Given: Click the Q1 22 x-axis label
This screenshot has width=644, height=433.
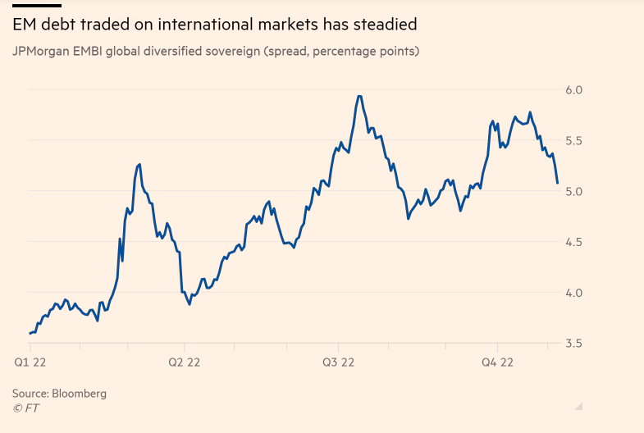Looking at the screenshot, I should (x=30, y=362).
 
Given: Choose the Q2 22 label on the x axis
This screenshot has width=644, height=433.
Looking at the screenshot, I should (x=185, y=362).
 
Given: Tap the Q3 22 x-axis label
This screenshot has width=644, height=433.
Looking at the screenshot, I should (x=339, y=362).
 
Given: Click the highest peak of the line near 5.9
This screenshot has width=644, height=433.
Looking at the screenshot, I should (x=359, y=96).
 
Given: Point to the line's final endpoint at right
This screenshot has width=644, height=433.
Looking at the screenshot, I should (x=557, y=183).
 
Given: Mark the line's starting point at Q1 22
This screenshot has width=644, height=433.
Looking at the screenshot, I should (x=30, y=333).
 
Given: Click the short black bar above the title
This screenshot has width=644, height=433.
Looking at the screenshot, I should (x=36, y=5).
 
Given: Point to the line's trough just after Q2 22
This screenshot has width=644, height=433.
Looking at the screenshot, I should (x=190, y=304).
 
